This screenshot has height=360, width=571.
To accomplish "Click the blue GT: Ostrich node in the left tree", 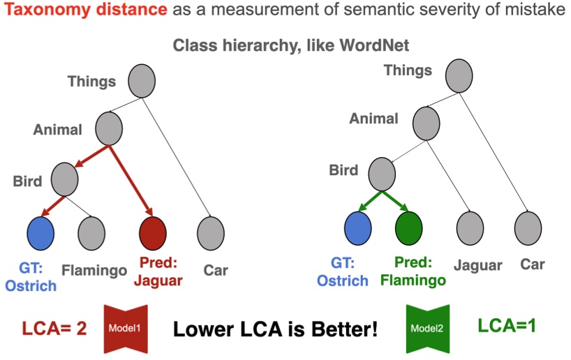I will (41, 233).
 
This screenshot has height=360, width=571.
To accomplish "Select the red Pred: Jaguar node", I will (153, 233).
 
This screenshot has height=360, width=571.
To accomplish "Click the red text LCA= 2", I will (54, 328).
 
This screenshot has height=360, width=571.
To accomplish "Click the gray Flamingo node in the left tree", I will (91, 233).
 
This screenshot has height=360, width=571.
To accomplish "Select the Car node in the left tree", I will (210, 233).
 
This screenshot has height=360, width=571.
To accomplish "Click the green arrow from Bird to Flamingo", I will (396, 202).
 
